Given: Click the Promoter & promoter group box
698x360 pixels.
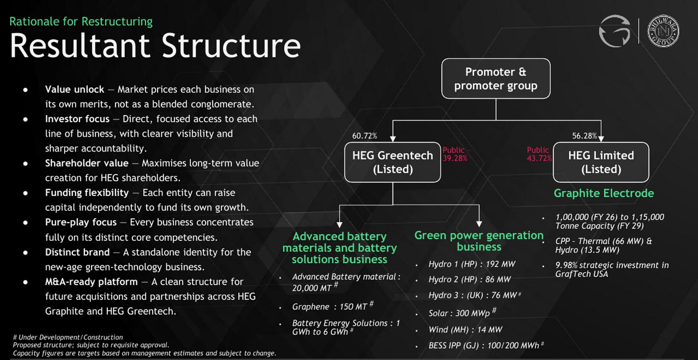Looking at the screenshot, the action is [496, 79].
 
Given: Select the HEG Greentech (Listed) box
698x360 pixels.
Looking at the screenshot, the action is [393, 162].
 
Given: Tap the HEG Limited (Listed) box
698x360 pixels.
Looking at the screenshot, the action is [601, 162].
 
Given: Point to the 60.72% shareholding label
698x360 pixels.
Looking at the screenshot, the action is [364, 136].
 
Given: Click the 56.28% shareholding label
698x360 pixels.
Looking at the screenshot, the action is [584, 136].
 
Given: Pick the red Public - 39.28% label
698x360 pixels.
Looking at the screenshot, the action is [456, 154].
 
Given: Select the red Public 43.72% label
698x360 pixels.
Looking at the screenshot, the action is [539, 154].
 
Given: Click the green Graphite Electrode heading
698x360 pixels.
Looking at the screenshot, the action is [604, 193].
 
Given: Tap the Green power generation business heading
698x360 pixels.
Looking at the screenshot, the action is [479, 241].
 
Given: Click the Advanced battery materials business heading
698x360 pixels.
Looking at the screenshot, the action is [339, 248].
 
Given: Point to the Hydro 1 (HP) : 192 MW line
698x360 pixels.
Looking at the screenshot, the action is [472, 264].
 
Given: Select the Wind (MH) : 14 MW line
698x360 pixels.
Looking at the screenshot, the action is [465, 329].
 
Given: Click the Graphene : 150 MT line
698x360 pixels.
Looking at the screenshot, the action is [333, 306].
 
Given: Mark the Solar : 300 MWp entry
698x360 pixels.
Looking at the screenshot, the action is [463, 313].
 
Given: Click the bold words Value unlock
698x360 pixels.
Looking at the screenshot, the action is [74, 90].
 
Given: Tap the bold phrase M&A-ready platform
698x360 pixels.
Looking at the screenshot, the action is [91, 282].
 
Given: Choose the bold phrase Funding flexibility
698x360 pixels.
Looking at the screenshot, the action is [87, 193].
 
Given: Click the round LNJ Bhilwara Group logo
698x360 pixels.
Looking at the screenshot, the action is [663, 31].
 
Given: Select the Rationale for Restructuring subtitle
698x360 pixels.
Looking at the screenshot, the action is [81, 22].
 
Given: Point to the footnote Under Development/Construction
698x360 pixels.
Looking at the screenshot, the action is [68, 337].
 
